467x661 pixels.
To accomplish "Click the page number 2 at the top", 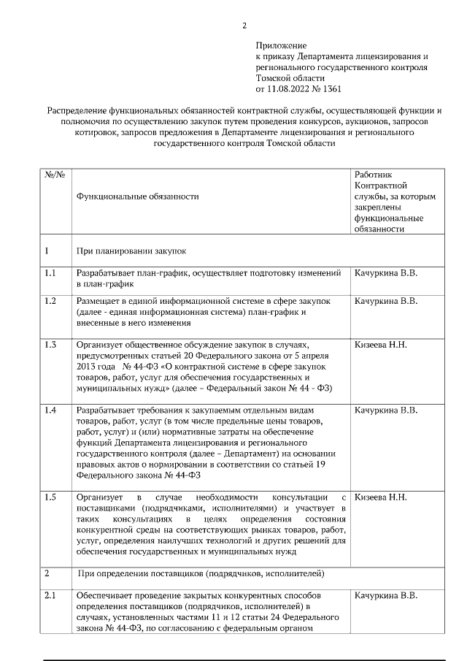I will coord(244,26).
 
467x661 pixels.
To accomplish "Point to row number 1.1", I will coord(50,273).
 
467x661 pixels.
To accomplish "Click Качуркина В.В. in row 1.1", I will coord(385,273).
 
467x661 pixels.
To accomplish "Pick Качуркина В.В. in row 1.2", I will coord(385,301).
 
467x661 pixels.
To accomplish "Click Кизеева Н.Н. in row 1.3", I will coord(380,344).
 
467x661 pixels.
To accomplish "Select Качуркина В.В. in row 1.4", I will coord(385,410).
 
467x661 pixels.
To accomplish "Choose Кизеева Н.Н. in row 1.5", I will coord(380,497).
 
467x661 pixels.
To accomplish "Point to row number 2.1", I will coord(50,596).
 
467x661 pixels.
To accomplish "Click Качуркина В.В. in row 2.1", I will coord(385,596).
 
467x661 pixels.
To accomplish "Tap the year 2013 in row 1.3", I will coord(87,365).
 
